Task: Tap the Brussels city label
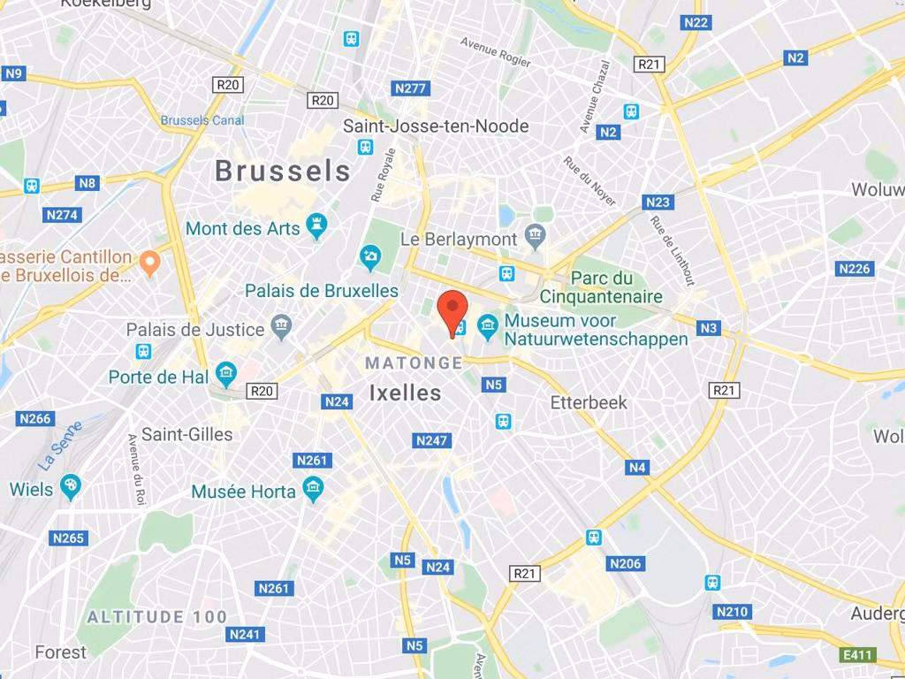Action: pos(283,171)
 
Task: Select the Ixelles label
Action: pos(405,393)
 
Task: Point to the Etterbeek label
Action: pos(589,402)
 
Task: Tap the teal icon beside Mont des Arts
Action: pos(316,226)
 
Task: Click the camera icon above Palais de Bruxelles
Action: pos(370,258)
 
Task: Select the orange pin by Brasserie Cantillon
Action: pos(150,262)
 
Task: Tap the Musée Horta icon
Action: pos(312,488)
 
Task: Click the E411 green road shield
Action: pos(858,655)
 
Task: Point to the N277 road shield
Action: pos(410,88)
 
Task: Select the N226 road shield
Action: pos(855,269)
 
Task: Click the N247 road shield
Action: pos(432,440)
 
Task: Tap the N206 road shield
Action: pos(626,563)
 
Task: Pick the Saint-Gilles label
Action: pos(187,434)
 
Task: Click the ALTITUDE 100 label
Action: pos(157,616)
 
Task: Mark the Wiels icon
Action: pos(71,486)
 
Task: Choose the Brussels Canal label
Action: pos(202,119)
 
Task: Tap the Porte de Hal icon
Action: pos(226,375)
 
